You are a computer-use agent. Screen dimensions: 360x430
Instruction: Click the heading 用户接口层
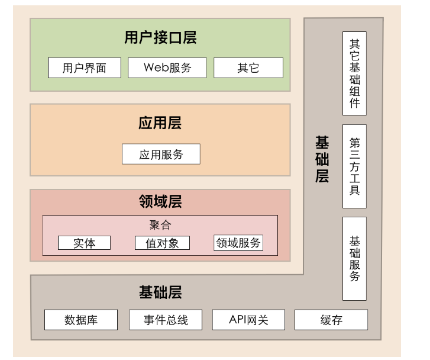160,38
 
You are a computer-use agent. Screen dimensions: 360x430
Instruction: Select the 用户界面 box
85,67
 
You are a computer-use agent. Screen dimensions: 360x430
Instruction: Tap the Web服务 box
167,67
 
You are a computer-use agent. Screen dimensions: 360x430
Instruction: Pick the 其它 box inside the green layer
248,67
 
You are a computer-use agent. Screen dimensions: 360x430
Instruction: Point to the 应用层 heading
160,123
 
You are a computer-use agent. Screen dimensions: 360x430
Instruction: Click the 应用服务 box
161,155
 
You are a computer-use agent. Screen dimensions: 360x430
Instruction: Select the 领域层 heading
160,202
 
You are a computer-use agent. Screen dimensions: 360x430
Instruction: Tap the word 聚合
160,225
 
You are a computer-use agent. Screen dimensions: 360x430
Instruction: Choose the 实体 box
84,243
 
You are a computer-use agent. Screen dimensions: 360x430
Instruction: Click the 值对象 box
162,243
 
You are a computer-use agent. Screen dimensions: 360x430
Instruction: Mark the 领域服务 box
238,243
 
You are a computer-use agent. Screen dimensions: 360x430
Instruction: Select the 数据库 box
81,320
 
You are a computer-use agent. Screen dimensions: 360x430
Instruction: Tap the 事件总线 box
166,320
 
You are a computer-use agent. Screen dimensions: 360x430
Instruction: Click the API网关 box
248,320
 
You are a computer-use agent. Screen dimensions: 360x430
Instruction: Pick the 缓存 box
331,320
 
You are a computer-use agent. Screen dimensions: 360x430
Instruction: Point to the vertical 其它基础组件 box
354,73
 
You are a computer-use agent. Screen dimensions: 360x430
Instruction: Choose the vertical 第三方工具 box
354,166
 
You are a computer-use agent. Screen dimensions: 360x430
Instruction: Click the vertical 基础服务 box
354,258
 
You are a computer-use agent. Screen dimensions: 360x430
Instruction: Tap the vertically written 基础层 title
322,159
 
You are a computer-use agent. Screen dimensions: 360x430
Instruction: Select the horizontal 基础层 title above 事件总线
160,292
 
